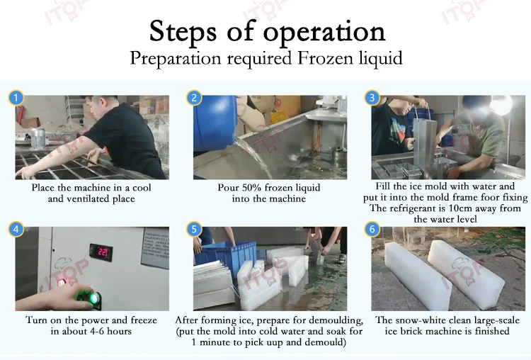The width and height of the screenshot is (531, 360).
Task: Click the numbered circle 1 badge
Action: click(16, 98)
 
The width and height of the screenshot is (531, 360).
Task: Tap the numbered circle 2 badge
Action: click(194, 98)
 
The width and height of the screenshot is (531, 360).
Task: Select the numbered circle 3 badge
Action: click(372, 98)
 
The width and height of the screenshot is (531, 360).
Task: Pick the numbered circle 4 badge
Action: click(16, 230)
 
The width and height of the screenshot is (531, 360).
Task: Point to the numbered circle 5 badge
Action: click(194, 230)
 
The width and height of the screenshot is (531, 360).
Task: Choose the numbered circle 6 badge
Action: click(372, 230)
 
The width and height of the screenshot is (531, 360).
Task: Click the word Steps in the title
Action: click(183, 32)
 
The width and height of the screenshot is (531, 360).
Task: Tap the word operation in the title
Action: click(324, 33)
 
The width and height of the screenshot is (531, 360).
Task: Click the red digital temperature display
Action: click(101, 252)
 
